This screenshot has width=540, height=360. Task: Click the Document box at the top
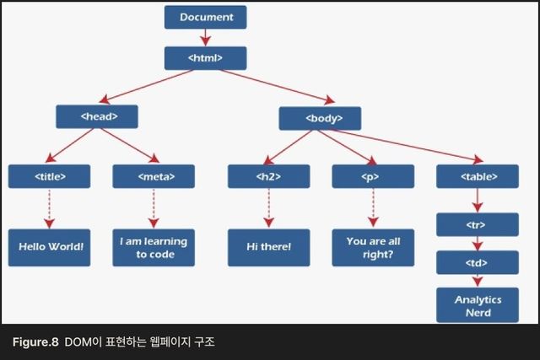click(205, 17)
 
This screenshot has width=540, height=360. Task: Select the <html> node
click(205, 57)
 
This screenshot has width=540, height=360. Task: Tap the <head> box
click(96, 116)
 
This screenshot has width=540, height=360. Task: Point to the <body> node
click(320, 117)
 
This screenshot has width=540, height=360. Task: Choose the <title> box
click(50, 176)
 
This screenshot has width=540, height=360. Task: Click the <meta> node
click(154, 176)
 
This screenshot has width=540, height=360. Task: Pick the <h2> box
click(267, 176)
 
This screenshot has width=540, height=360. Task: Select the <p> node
click(372, 176)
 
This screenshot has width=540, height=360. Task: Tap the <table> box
click(478, 176)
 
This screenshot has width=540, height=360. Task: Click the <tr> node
click(478, 225)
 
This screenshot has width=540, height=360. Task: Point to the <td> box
click(478, 263)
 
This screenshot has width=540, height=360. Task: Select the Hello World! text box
click(50, 247)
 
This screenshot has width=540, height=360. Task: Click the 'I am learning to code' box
click(154, 247)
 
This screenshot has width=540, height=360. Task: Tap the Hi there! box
click(267, 247)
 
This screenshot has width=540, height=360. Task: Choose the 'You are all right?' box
click(372, 247)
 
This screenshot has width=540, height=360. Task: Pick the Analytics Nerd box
click(478, 305)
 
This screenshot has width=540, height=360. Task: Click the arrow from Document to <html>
click(205, 37)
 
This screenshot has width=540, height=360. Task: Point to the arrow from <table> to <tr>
click(478, 201)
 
